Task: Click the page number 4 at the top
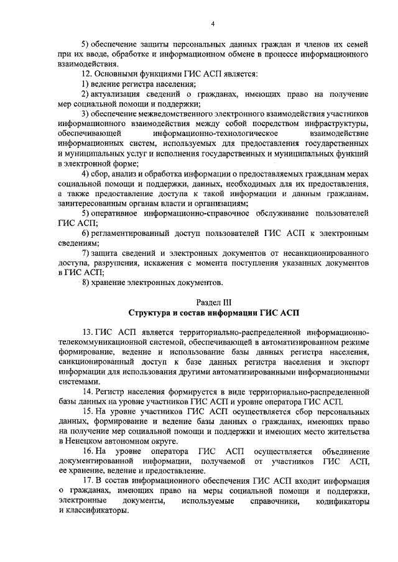[212, 24]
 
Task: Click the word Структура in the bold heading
[153, 313]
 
